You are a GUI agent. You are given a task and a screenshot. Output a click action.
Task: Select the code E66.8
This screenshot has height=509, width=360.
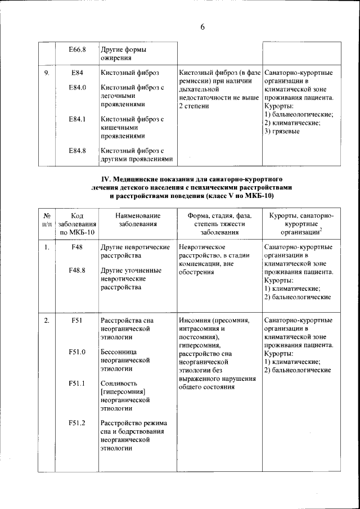pos(77,49)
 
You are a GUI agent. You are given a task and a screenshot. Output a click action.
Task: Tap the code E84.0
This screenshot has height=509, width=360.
pos(77,88)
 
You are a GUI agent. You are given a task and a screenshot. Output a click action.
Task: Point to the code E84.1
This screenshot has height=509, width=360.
pos(77,119)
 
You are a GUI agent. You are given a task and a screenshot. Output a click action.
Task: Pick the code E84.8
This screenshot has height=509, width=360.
pos(77,151)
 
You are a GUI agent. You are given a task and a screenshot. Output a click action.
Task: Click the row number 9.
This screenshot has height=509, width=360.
pos(46,73)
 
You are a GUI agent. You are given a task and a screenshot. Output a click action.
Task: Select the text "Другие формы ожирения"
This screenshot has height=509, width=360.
pos(121,53)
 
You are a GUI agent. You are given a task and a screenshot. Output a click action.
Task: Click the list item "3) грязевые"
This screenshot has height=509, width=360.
pos(282,132)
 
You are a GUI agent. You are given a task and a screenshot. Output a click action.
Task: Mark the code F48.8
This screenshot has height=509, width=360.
pos(77,270)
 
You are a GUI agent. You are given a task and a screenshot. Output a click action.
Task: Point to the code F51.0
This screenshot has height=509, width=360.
pos(77,353)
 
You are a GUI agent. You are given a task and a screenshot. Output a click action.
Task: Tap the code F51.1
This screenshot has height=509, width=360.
pos(77,384)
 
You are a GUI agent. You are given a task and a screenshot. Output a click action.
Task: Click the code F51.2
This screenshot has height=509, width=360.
pos(77,423)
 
